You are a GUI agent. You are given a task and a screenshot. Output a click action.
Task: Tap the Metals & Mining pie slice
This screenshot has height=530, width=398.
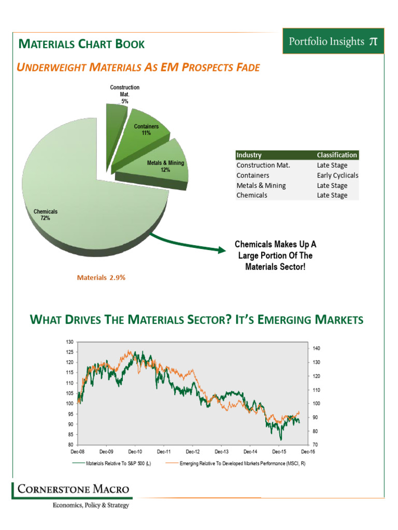[x=161, y=168]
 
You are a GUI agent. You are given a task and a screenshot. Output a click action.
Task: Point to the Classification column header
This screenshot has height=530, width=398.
[x=337, y=155]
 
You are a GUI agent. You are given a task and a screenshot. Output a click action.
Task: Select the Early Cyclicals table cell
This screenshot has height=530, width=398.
[x=337, y=175]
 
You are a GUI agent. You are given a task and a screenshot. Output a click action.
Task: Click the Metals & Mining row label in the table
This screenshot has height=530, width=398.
[x=261, y=185]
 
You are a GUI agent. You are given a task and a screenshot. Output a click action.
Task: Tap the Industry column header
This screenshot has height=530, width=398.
[x=249, y=155]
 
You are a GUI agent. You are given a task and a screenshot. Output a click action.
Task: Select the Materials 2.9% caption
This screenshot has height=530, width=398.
[x=101, y=277]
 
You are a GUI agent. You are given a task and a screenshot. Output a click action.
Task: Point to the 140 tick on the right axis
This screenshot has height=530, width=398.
[x=318, y=348]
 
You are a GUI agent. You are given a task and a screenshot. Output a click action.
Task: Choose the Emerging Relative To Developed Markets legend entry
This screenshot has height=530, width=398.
[x=242, y=463]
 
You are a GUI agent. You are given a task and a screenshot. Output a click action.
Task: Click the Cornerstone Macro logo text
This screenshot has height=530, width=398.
[x=73, y=489]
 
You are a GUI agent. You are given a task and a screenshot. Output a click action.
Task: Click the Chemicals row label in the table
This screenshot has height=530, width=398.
[x=252, y=195]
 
